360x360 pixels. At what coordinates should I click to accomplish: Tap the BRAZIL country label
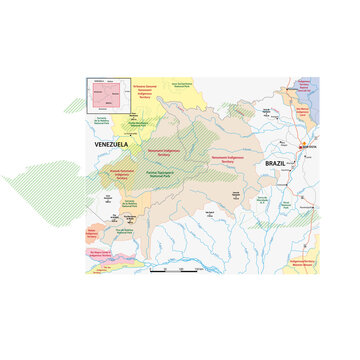coord(276,162)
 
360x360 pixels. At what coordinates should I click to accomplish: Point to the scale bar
coord(173,269)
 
